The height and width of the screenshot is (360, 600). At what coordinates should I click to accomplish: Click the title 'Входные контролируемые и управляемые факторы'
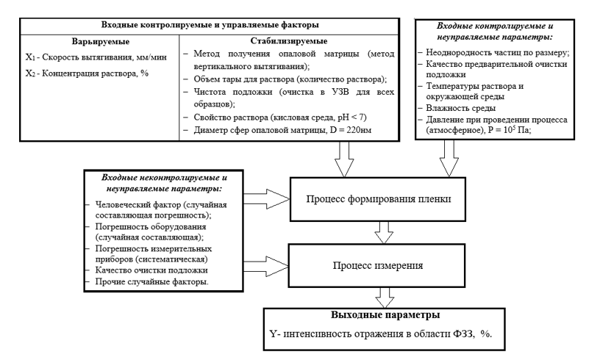(x=209, y=24)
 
